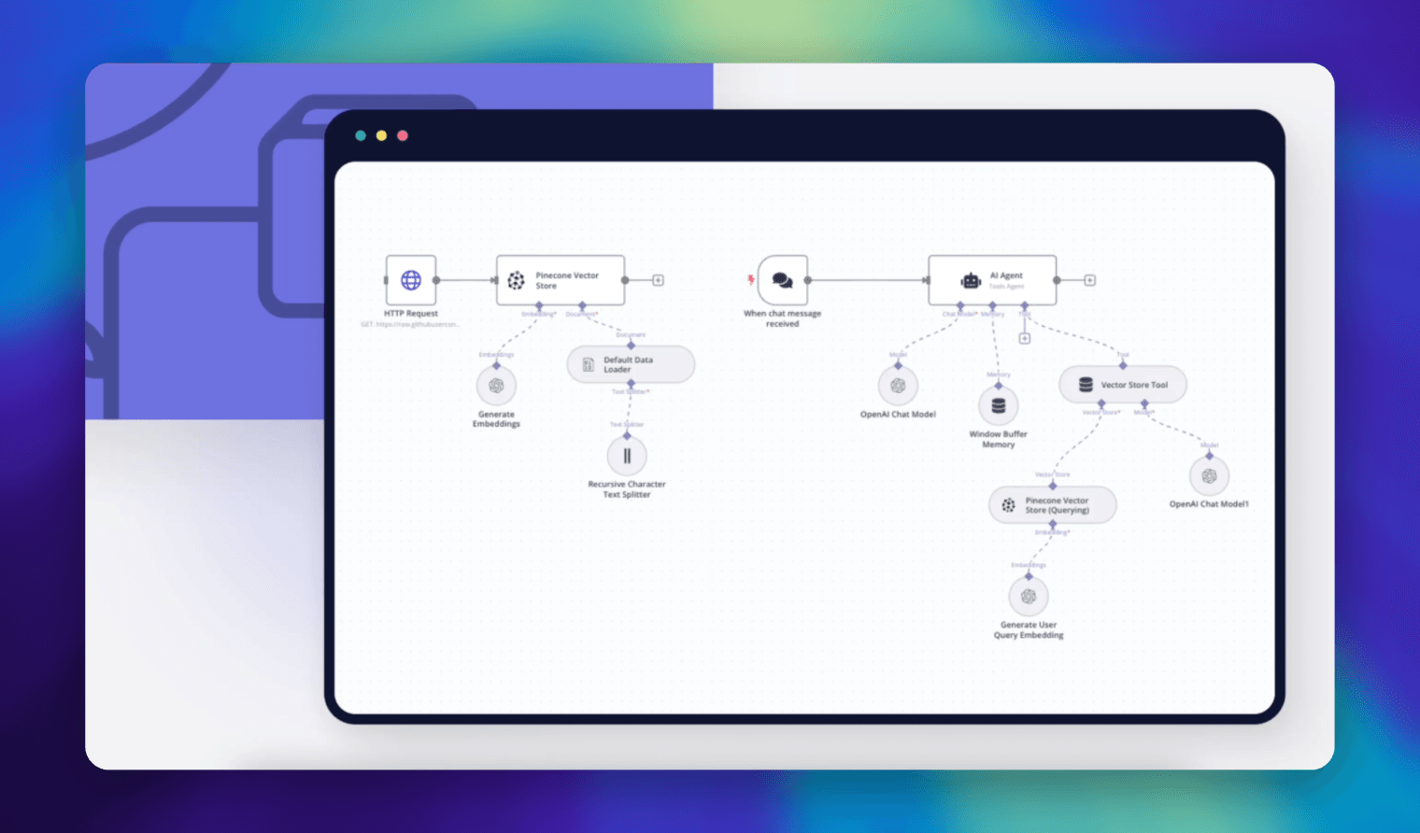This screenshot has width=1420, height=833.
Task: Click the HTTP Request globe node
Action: [411, 280]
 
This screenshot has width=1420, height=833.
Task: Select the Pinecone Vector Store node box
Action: [561, 280]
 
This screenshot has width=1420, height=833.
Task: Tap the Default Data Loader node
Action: [631, 364]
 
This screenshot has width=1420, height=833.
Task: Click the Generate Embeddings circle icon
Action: [496, 386]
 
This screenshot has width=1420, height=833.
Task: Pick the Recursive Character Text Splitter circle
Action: [627, 456]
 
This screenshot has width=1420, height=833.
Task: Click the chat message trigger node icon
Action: [783, 280]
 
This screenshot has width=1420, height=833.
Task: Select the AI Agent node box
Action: [992, 280]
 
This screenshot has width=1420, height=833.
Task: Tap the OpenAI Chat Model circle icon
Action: [898, 386]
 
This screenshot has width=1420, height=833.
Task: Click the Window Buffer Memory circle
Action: [998, 406]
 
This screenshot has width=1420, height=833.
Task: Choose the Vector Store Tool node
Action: [1123, 385]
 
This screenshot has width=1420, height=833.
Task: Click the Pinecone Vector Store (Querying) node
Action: [1052, 505]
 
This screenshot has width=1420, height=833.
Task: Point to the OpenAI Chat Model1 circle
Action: [1209, 476]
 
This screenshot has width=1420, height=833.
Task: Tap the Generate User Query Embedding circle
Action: [1029, 597]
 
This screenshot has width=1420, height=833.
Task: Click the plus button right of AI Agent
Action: [1089, 280]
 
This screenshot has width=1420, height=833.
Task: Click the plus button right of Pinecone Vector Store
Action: [658, 280]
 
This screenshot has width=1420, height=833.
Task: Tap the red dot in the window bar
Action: [403, 135]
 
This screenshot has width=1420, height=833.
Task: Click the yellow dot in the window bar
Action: [381, 135]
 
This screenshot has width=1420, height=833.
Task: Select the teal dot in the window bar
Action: [361, 135]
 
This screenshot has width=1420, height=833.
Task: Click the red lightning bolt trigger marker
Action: [750, 279]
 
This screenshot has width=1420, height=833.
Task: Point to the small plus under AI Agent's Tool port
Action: [1025, 338]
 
